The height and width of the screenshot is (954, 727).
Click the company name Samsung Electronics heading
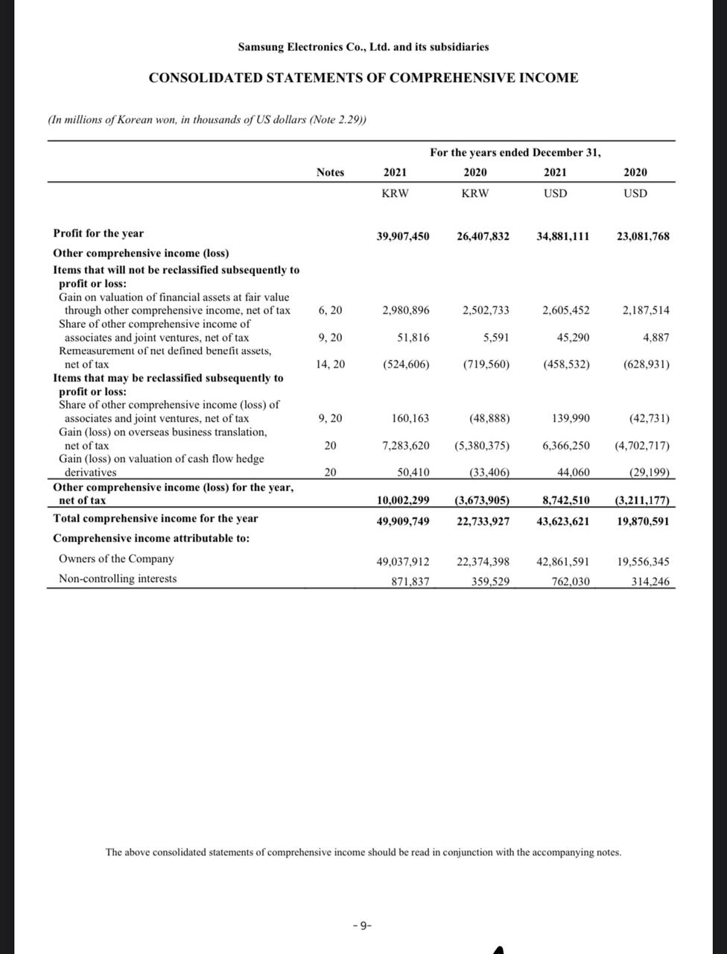[363, 47]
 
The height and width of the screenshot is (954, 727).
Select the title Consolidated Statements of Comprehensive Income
[363, 78]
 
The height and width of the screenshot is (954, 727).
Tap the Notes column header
[330, 172]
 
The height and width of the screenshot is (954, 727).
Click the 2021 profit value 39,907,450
[403, 236]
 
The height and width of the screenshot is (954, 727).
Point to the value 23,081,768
[642, 236]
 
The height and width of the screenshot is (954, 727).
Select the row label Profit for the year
[98, 233]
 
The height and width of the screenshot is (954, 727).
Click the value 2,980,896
[405, 310]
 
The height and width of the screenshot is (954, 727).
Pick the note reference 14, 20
[330, 364]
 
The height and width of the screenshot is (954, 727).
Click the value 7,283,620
[405, 446]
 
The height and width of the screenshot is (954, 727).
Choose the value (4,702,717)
[641, 446]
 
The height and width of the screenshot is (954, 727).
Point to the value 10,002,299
[403, 500]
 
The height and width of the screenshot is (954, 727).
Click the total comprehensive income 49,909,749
[403, 521]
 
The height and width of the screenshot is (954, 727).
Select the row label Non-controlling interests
[118, 578]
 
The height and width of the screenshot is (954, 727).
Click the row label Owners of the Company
[116, 559]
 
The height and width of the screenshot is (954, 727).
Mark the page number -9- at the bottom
[362, 926]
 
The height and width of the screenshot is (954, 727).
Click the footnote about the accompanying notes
[363, 852]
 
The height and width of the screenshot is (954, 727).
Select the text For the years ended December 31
[515, 153]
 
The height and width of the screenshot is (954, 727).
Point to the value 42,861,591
[562, 562]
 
